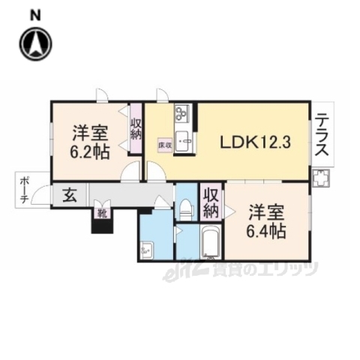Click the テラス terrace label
click(x=321, y=135)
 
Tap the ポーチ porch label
click(x=25, y=192)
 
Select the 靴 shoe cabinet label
click(x=100, y=213)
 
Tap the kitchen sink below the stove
click(x=184, y=141)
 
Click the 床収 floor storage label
click(x=163, y=142)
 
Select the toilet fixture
click(x=184, y=209)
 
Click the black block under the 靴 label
click(x=100, y=225)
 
